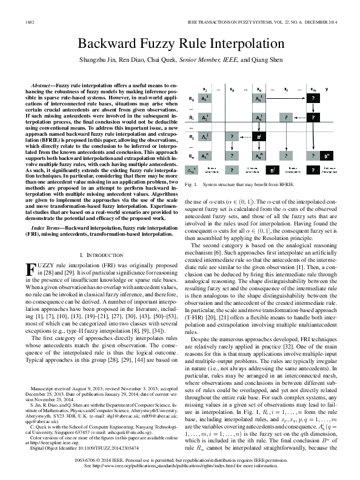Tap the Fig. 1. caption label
191,184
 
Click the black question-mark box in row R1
312,98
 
